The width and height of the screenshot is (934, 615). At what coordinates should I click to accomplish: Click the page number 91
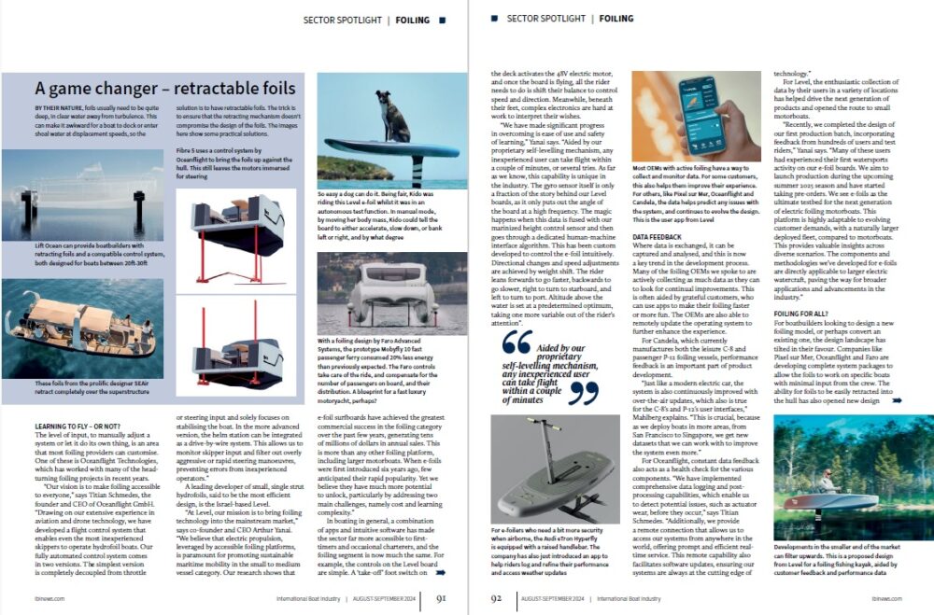tap(441, 600)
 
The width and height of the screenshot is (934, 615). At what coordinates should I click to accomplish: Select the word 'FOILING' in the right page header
tap(616, 19)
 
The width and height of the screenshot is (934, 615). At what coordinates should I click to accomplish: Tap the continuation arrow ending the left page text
tap(441, 573)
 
